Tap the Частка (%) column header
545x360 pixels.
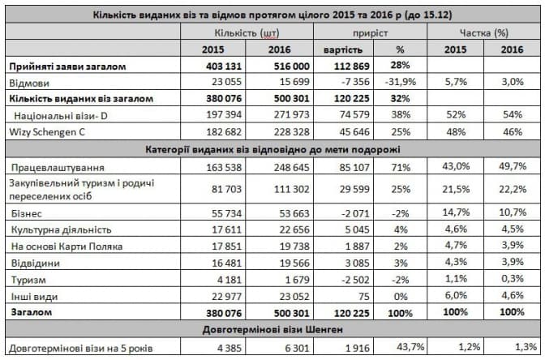tap(484, 33)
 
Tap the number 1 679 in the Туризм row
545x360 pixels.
tap(278, 280)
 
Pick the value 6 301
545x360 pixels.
tap(278, 348)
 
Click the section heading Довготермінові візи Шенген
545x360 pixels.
tap(273, 331)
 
